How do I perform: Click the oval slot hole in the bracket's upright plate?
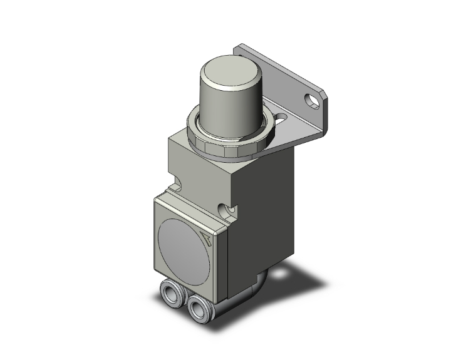pyautogui.click(x=311, y=98)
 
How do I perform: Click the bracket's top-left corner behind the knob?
pyautogui.click(x=239, y=47)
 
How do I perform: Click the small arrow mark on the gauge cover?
pyautogui.click(x=207, y=236)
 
